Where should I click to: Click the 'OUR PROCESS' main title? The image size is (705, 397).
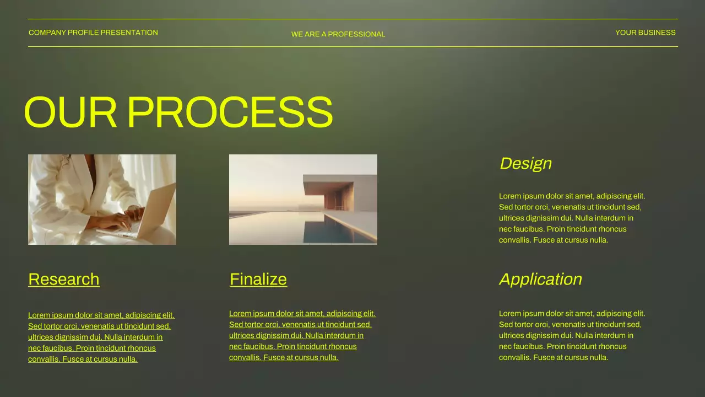pos(178,112)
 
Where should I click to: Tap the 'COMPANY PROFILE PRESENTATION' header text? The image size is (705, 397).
pos(93,33)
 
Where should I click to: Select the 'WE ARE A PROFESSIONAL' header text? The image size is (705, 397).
pos(338,34)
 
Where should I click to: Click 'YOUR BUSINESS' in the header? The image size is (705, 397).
pos(645,33)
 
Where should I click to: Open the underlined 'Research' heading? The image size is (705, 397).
pos(64,279)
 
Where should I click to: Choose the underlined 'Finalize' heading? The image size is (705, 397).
pos(258,279)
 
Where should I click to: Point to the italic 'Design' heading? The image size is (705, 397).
pos(525,163)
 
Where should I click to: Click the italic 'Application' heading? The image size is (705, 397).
pos(540,279)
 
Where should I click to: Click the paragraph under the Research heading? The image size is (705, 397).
pos(101,337)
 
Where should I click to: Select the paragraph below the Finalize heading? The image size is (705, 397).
pos(302,335)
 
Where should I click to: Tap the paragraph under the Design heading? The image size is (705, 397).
pos(572,218)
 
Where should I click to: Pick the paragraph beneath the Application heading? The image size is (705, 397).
pos(572,335)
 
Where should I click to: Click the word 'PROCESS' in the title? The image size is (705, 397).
pos(230,112)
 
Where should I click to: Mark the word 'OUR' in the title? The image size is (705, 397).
pos(70,112)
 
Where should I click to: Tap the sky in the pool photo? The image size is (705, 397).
pos(264,176)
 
